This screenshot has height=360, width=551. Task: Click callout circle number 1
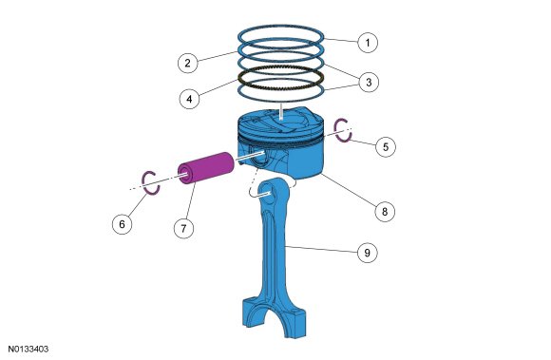(x=368, y=43)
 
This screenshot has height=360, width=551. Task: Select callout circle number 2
(x=188, y=63)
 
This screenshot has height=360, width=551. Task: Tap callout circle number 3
(x=369, y=83)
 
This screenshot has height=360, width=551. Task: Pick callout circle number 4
(x=189, y=99)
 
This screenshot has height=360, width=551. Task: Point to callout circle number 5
(x=386, y=146)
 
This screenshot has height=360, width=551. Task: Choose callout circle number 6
(x=123, y=224)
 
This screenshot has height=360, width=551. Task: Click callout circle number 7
(x=183, y=229)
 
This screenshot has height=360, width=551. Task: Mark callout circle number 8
(x=385, y=212)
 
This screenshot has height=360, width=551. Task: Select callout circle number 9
(x=368, y=253)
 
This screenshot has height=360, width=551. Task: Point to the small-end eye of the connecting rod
(x=268, y=192)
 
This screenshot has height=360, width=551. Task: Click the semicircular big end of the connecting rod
(x=273, y=316)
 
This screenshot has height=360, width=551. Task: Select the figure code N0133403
(x=28, y=350)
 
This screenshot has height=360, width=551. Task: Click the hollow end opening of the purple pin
(x=185, y=175)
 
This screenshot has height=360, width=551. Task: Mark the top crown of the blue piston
(x=280, y=122)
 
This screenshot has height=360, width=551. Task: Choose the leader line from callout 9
(x=321, y=249)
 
